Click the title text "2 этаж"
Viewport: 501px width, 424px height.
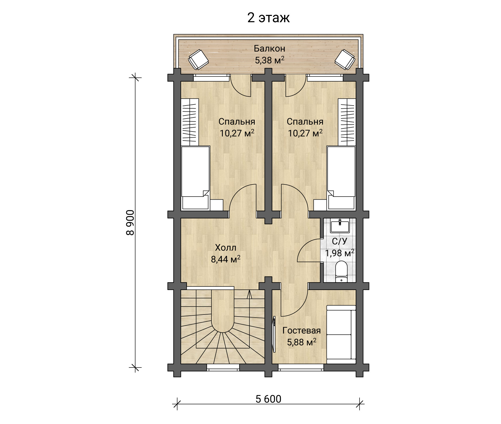[x=268, y=18]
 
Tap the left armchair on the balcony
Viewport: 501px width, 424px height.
[x=198, y=59]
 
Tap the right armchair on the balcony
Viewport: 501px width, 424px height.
[x=345, y=59]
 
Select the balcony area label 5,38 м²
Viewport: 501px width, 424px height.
[x=269, y=60]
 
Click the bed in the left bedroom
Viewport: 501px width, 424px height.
[x=195, y=178]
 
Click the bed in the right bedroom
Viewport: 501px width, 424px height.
[x=341, y=178]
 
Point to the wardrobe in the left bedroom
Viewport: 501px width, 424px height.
[x=190, y=122]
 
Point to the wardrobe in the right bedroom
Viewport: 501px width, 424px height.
[x=347, y=122]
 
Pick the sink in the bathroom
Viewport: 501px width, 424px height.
[x=340, y=226]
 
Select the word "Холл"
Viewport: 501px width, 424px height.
[x=226, y=248]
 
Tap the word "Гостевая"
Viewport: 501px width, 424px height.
[x=302, y=330]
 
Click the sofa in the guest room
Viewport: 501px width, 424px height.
[x=341, y=334]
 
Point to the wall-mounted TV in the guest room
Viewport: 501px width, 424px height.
[x=274, y=334]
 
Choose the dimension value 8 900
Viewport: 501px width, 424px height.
[x=130, y=222]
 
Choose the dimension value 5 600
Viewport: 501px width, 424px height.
[x=268, y=399]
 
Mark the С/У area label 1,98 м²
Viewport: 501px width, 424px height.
[x=340, y=253]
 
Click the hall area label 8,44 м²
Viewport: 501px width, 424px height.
[x=226, y=259]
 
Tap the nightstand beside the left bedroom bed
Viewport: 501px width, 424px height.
[x=216, y=205]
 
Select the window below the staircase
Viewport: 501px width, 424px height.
[x=223, y=367]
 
